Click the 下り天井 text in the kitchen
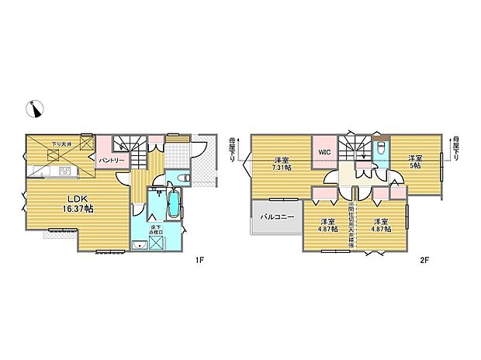point(61,144)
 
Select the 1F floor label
point(200,261)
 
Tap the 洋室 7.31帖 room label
point(281,163)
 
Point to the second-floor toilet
point(381,148)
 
